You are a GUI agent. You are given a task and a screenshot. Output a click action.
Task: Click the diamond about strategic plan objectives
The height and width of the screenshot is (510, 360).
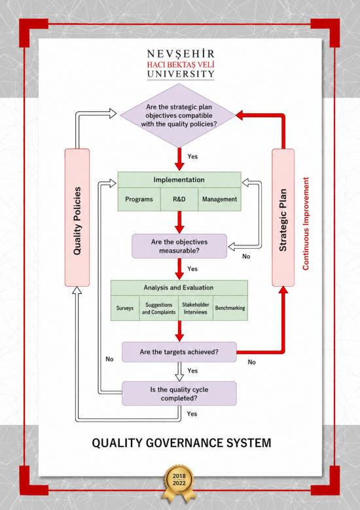pyautogui.click(x=178, y=115)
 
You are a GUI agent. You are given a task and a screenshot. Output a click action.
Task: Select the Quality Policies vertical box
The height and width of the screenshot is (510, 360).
pyautogui.click(x=77, y=217)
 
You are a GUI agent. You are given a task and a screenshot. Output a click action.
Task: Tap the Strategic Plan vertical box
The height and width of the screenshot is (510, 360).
pyautogui.click(x=283, y=217)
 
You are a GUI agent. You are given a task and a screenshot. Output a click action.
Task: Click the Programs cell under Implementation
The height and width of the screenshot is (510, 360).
pyautogui.click(x=139, y=200)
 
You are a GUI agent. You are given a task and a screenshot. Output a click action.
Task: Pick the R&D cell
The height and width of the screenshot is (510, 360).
pyautogui.click(x=179, y=200)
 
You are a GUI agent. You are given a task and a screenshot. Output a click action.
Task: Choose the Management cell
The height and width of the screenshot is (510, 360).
pyautogui.click(x=219, y=200)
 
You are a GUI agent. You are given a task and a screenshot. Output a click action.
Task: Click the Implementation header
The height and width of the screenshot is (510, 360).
pyautogui.click(x=179, y=180)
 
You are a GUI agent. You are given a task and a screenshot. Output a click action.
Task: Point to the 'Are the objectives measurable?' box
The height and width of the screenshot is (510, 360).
pyautogui.click(x=179, y=246)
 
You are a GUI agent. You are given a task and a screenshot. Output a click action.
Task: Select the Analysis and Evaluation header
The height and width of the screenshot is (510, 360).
pyautogui.click(x=179, y=288)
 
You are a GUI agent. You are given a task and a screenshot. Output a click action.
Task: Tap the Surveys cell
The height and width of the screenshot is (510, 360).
pyautogui.click(x=125, y=308)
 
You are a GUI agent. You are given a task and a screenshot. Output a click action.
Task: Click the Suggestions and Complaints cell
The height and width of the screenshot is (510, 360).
pyautogui.click(x=158, y=308)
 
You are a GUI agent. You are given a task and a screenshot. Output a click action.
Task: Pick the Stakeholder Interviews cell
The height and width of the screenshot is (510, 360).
pyautogui.click(x=196, y=308)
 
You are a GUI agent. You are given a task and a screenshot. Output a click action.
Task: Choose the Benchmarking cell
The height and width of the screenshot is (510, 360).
pyautogui.click(x=230, y=308)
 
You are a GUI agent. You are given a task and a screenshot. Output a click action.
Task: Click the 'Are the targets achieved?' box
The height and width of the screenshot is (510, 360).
pyautogui.click(x=179, y=352)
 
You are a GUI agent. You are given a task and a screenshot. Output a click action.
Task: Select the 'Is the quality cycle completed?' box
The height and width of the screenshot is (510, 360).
pyautogui.click(x=179, y=393)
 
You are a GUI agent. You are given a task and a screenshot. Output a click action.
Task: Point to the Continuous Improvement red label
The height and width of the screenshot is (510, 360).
pyautogui.click(x=306, y=223)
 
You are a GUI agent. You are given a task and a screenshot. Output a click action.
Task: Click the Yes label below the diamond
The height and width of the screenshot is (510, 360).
pyautogui.click(x=192, y=156)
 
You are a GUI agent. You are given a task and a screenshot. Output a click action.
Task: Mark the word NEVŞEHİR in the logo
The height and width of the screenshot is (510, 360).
pyautogui.click(x=181, y=54)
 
